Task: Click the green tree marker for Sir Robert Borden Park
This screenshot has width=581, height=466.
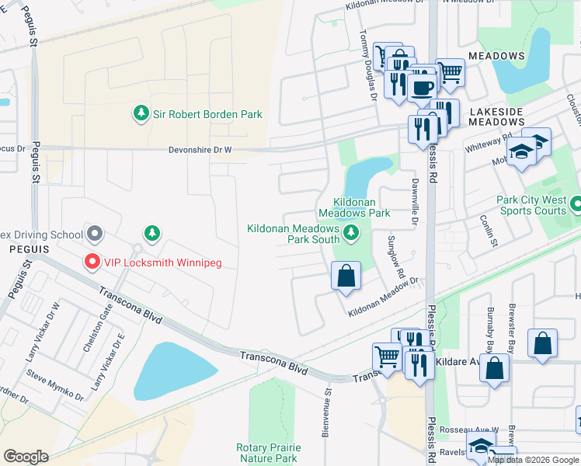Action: pos(141,114)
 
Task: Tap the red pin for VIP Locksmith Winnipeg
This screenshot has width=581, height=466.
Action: pos(92,263)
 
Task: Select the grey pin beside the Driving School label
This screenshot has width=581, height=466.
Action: pos(95,233)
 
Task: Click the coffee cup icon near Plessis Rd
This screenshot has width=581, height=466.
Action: pos(422,87)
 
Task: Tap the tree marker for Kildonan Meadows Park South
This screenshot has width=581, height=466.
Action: pos(352,232)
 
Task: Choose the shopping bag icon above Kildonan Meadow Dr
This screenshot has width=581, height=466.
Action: pos(346,275)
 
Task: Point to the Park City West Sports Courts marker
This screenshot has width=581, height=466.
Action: pos(576,205)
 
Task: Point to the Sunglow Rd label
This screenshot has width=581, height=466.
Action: pos(396,257)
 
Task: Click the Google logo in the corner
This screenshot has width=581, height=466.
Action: pos(26,456)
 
